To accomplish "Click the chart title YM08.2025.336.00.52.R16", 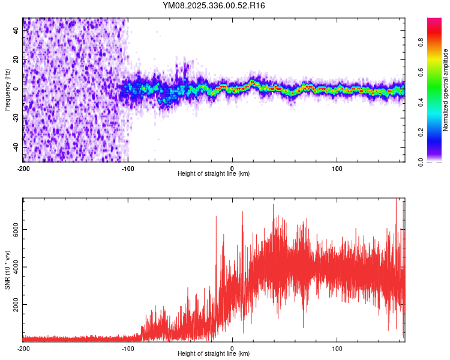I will point(214,5).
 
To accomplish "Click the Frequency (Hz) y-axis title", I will point(7,90).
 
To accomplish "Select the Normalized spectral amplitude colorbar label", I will point(446,90).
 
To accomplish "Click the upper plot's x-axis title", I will point(214,173).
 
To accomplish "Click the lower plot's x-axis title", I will point(214,353).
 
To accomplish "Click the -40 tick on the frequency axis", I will point(16,147).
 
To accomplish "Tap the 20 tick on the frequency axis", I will point(16,59).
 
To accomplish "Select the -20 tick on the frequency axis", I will point(16,118).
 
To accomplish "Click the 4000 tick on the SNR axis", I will point(16,267).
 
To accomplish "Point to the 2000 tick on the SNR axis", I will point(16,305).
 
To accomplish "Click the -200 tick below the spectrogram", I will point(23,167).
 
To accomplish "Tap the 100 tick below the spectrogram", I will point(337,167).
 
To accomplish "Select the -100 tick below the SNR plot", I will point(128,347).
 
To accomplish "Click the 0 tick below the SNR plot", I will point(233,347).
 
